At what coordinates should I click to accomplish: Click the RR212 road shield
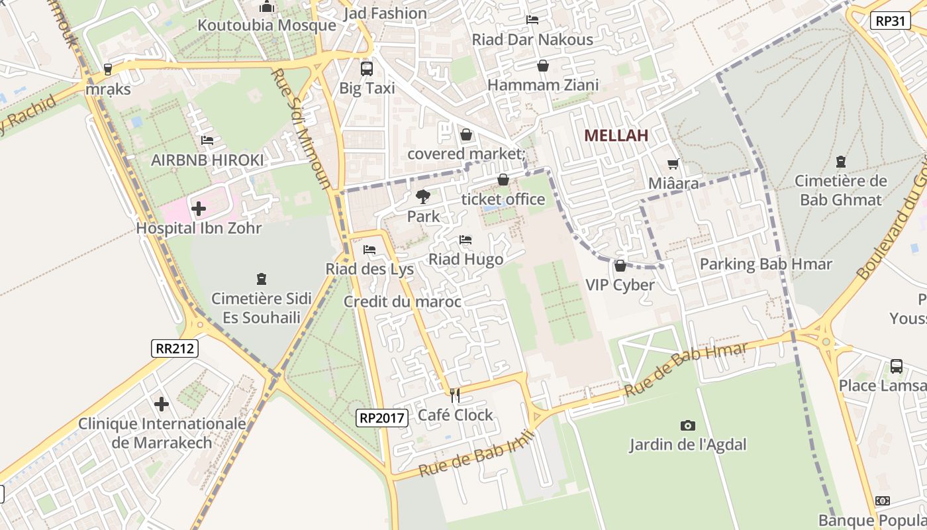pos(175,348)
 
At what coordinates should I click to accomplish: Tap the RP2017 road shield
pos(382,417)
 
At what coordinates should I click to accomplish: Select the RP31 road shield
pos(890,21)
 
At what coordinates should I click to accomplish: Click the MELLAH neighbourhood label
pos(616,136)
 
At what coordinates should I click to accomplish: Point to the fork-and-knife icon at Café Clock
pos(455,396)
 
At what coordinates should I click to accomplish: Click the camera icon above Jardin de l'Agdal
pos(688,425)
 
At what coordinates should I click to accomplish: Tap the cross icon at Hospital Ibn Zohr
pos(198,209)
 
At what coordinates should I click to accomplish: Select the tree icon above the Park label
pos(422,197)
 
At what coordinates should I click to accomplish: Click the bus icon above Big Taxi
pos(367,68)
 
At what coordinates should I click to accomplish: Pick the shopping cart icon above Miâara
pos(673,164)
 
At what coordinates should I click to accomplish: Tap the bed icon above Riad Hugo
pos(465,240)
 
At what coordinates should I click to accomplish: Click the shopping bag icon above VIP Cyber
pos(620,266)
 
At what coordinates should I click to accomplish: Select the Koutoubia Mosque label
pos(268,25)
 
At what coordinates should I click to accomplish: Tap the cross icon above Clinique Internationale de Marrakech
pos(162,404)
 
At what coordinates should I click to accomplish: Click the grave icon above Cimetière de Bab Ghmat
pos(840,161)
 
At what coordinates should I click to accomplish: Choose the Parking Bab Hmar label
pos(765,264)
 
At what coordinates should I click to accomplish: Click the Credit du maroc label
pos(402,302)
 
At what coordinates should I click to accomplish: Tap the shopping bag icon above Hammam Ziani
pos(543,66)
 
